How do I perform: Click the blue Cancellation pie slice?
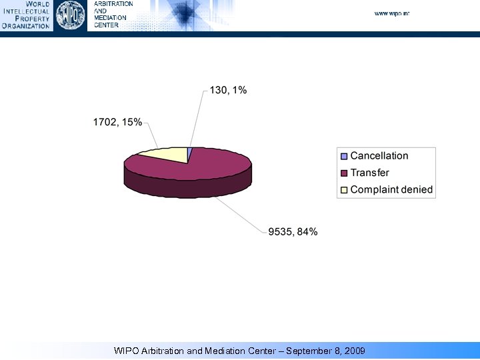click(x=189, y=155)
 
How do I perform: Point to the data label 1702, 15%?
click(x=117, y=122)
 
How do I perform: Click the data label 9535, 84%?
click(x=293, y=232)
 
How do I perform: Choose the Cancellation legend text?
click(x=379, y=156)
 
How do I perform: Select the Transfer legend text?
click(x=370, y=173)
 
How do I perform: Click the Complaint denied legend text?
click(x=391, y=189)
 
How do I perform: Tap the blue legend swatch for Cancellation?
click(x=344, y=156)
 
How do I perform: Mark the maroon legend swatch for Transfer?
click(x=344, y=173)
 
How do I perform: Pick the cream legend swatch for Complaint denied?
click(x=344, y=189)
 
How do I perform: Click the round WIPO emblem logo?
click(x=70, y=15)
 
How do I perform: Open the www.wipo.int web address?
click(x=391, y=13)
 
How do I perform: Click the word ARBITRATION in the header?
click(x=113, y=4)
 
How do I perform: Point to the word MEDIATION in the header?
click(x=109, y=18)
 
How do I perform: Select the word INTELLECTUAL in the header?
click(x=27, y=11)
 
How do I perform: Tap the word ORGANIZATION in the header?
click(x=26, y=26)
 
